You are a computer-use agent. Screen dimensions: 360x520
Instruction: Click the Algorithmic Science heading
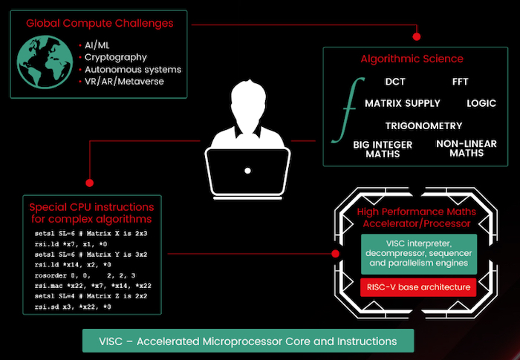(412, 59)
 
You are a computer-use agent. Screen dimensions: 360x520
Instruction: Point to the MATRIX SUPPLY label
(402, 103)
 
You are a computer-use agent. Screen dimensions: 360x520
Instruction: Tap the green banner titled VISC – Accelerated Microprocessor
(248, 341)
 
